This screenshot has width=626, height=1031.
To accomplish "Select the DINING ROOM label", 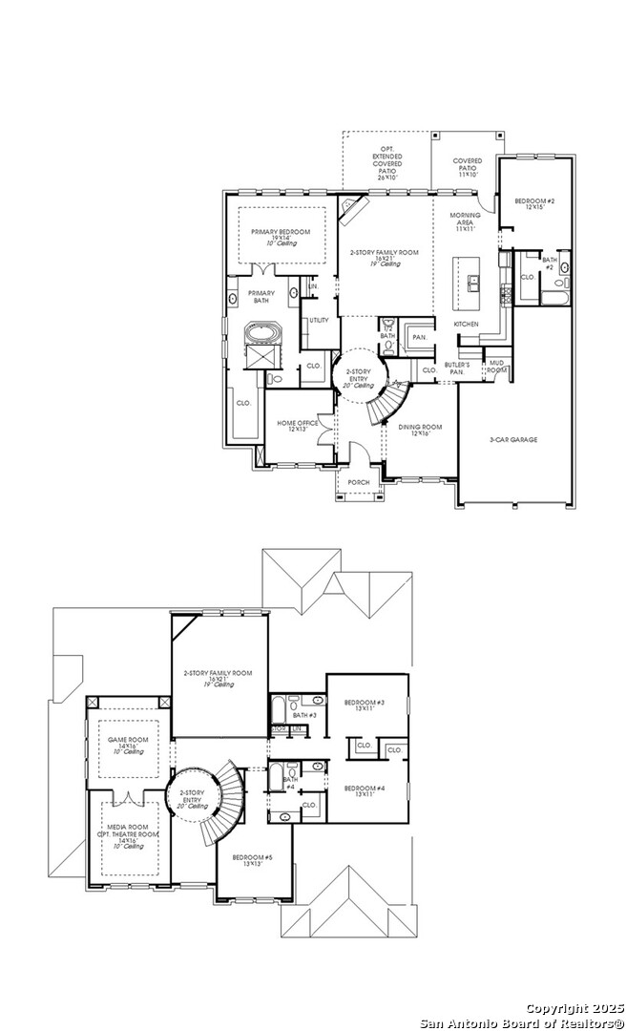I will click(414, 429).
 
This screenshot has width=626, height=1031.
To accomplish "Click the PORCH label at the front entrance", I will click(358, 482).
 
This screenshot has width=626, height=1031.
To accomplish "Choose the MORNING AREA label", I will click(465, 221).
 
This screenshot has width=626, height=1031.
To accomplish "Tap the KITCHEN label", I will click(466, 325).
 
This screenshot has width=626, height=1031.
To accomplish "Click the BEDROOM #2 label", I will click(535, 201).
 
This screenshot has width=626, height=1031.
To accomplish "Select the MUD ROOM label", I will click(496, 366).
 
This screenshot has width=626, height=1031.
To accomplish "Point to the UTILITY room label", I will click(319, 320).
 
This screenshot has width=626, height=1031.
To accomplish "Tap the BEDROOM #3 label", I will click(364, 703).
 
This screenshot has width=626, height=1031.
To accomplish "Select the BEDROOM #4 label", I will click(364, 788).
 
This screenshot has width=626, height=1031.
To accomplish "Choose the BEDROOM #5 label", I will click(252, 858).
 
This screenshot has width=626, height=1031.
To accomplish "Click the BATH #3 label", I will click(304, 715).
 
